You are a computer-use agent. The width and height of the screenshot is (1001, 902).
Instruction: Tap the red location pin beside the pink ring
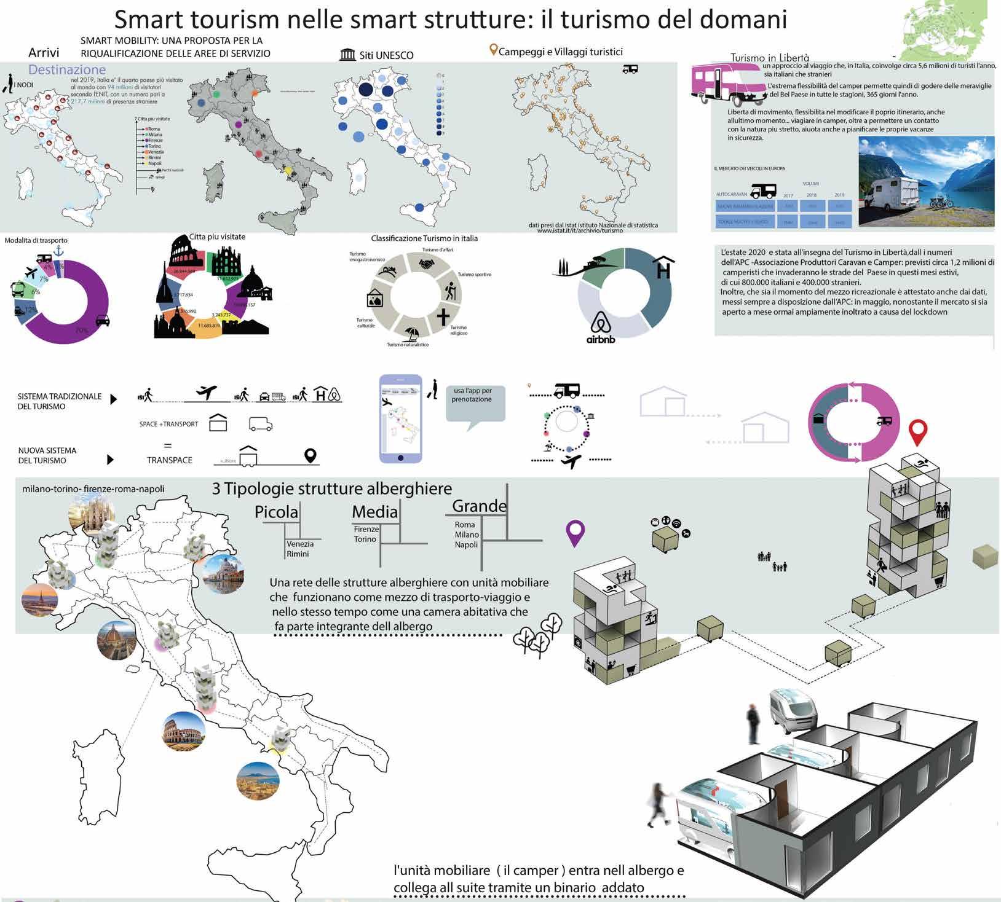918,433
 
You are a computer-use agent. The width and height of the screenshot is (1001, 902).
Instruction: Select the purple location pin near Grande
575,533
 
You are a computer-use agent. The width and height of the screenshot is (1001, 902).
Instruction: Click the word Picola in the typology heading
276,512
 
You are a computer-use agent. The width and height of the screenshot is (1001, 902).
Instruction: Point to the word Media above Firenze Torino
374,511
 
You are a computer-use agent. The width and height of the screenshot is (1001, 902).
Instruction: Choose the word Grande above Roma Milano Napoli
479,506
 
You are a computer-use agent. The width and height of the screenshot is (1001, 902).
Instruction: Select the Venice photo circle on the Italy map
223,573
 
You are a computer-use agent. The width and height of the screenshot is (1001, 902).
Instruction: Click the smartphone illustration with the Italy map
401,418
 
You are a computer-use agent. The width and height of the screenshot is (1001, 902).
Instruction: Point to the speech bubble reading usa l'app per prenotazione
475,403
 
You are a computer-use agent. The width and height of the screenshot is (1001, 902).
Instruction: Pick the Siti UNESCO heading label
377,55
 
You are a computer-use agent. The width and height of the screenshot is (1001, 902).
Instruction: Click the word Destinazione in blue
67,69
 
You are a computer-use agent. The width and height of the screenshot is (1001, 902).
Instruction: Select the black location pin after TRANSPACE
311,456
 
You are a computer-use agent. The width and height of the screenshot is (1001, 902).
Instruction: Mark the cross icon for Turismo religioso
443,317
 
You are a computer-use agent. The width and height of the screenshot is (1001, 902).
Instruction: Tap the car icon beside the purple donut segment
103,321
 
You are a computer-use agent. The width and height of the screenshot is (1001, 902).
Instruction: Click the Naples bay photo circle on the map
258,781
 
